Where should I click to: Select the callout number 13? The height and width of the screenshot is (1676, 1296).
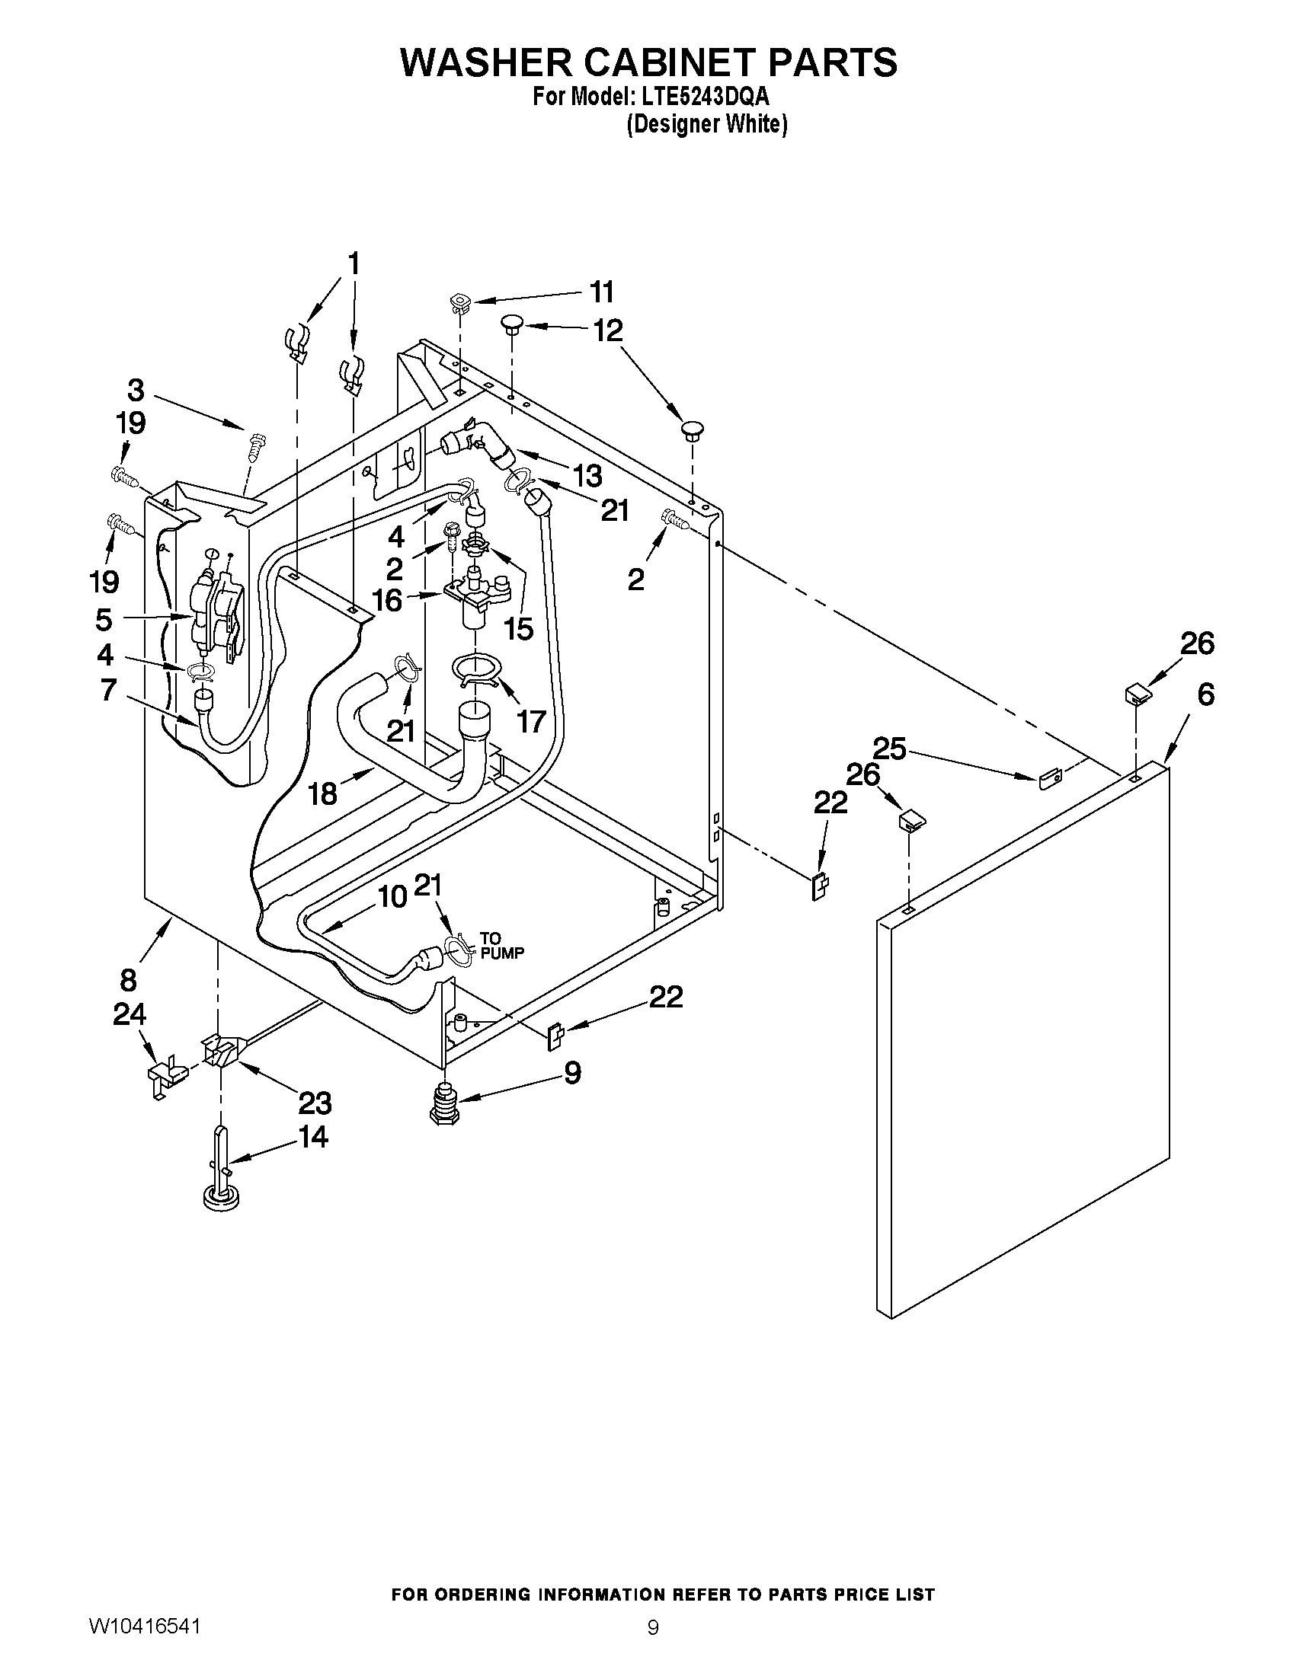[587, 476]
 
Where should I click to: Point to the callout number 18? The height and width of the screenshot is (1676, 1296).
[323, 793]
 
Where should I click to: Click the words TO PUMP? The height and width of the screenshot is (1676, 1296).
[502, 946]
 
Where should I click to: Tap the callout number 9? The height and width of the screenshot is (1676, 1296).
[572, 1073]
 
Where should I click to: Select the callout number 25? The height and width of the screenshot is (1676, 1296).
[890, 749]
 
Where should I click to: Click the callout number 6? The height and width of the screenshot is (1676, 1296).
[1206, 695]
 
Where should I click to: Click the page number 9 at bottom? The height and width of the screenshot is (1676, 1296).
[653, 1646]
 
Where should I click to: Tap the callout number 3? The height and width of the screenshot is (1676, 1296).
[135, 390]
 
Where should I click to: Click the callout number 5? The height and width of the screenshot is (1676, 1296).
[104, 618]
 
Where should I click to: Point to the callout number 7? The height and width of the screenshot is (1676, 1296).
[108, 689]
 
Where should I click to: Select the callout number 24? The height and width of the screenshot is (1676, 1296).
[129, 1014]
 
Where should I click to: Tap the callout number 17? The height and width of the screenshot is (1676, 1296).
[531, 721]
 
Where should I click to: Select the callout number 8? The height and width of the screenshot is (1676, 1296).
[128, 980]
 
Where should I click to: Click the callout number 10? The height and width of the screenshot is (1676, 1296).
[393, 896]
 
